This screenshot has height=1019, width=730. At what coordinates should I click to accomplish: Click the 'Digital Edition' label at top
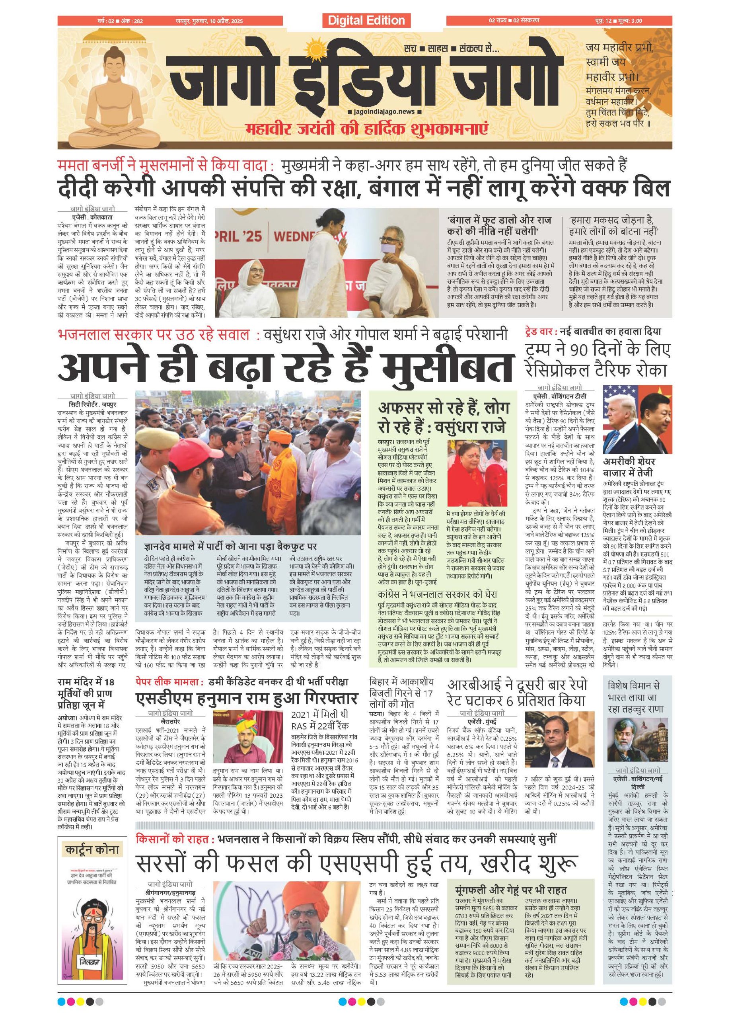(x=366, y=20)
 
